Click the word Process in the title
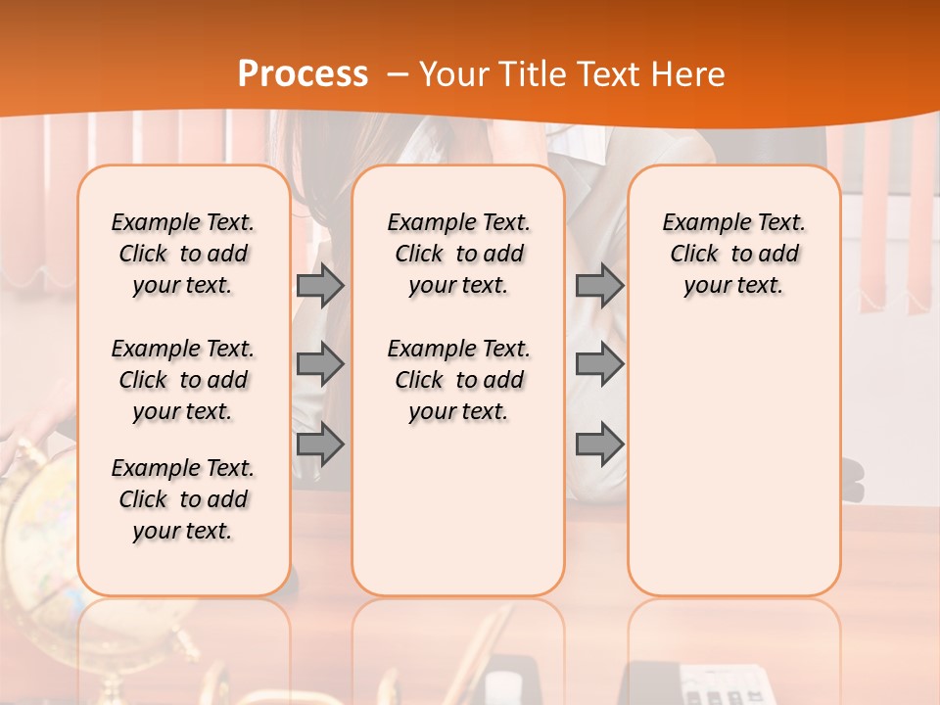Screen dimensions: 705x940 [x=303, y=74]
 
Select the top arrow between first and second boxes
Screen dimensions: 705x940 [x=320, y=285]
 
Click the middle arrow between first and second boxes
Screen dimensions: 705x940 [x=320, y=364]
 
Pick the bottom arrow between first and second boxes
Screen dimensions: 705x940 [x=320, y=445]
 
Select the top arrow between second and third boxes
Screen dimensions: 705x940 [x=599, y=285]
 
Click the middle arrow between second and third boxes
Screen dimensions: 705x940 [x=599, y=364]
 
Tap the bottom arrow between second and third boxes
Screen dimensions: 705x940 [x=599, y=445]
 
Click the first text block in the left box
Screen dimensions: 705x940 [x=183, y=254]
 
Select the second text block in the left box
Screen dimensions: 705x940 [x=183, y=380]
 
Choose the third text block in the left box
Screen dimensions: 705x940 [x=183, y=499]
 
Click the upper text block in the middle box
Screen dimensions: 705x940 [x=458, y=254]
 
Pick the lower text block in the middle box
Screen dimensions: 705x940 [x=458, y=380]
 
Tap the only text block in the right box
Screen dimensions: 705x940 [x=733, y=254]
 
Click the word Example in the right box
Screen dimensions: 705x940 [x=697, y=223]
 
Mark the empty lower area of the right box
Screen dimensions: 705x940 [x=733, y=460]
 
